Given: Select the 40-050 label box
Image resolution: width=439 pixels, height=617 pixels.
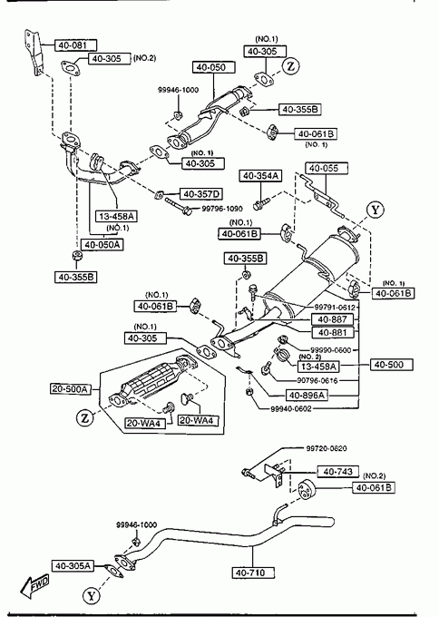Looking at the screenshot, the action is click(x=213, y=67).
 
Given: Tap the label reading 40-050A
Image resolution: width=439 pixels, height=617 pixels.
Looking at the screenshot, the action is click(x=102, y=245).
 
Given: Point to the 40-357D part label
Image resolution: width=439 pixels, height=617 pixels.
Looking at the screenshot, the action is click(x=201, y=194).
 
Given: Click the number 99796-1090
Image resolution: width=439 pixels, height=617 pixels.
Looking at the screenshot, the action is click(x=222, y=209).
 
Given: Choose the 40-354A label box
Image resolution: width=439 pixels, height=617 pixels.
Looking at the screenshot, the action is click(x=260, y=176).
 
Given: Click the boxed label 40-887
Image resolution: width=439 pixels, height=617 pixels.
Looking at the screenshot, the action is click(x=332, y=319).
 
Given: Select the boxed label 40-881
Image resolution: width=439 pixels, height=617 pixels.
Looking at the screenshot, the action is click(x=332, y=333).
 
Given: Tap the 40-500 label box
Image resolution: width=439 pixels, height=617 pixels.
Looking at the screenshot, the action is click(x=392, y=365).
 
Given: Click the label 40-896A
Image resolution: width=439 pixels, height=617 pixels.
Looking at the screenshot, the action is click(x=307, y=395).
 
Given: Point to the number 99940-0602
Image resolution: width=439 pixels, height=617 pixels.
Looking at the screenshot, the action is click(x=290, y=409).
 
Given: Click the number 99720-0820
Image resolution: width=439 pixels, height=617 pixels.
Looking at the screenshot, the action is click(x=327, y=448).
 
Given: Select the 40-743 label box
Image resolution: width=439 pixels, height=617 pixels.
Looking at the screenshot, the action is click(x=338, y=472).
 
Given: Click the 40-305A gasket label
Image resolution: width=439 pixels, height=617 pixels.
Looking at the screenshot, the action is click(x=73, y=566).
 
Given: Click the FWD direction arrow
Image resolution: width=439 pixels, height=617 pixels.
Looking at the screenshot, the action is click(x=35, y=586).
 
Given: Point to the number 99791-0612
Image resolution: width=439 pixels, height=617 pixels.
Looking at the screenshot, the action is click(x=335, y=308).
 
